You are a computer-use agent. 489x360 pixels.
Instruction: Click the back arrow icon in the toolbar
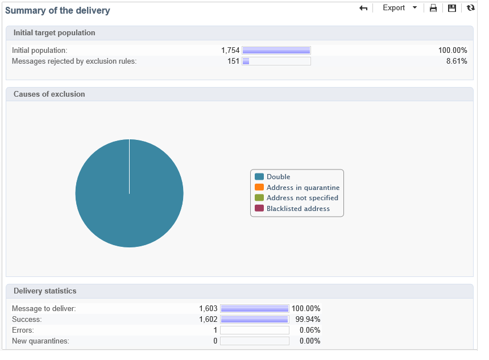(364, 8)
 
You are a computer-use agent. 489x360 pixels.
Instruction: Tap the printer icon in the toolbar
(433, 8)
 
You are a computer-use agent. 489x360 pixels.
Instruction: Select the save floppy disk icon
(452, 8)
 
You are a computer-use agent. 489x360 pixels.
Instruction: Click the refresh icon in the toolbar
(470, 8)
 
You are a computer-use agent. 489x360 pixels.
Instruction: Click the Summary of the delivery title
(57, 10)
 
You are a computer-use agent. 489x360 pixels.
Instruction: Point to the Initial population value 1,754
(230, 50)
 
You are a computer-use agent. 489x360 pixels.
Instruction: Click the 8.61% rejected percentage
(457, 61)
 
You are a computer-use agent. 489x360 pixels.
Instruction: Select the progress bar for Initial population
(276, 50)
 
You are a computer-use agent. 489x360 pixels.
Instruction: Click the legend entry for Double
(278, 177)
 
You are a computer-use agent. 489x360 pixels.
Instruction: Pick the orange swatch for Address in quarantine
(259, 187)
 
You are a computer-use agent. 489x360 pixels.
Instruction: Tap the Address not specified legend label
(302, 198)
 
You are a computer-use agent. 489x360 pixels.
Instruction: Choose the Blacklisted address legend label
(298, 209)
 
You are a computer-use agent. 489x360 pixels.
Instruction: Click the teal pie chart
(129, 193)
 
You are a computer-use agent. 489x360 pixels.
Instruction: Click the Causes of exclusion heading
(49, 94)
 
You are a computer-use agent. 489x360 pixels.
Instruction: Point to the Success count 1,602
(208, 320)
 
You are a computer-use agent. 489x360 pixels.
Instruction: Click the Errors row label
(23, 330)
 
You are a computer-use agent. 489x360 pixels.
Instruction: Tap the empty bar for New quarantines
(255, 341)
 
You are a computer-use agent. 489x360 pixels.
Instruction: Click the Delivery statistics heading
(45, 291)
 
